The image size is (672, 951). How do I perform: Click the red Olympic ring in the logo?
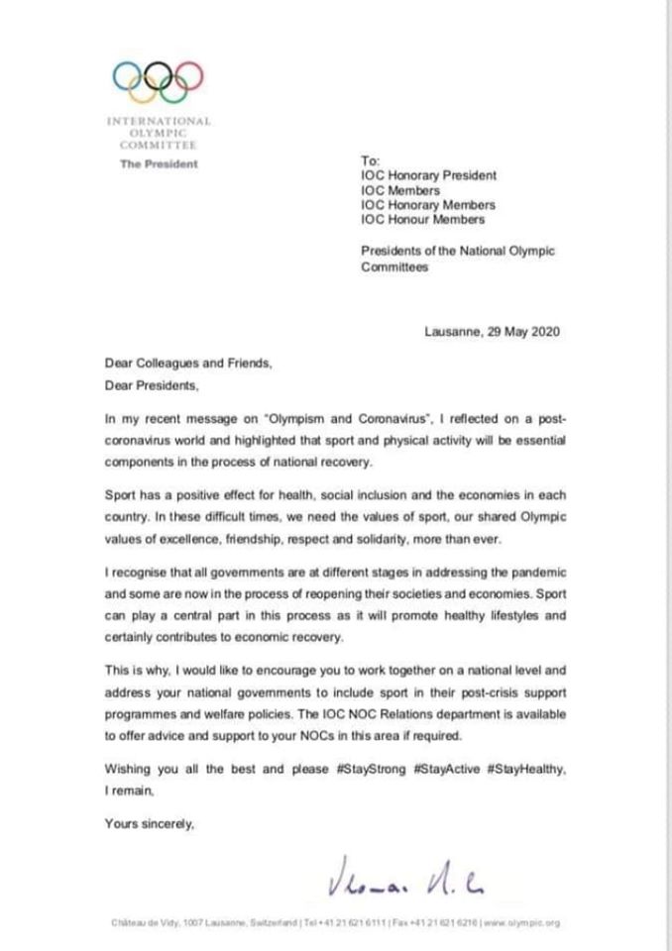[188, 74]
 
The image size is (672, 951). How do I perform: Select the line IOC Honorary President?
[428, 175]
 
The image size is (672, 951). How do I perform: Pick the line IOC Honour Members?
[423, 219]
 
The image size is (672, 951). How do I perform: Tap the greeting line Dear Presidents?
[145, 385]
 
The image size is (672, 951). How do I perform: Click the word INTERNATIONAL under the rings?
[159, 121]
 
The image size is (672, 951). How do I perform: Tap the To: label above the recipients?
[370, 159]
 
